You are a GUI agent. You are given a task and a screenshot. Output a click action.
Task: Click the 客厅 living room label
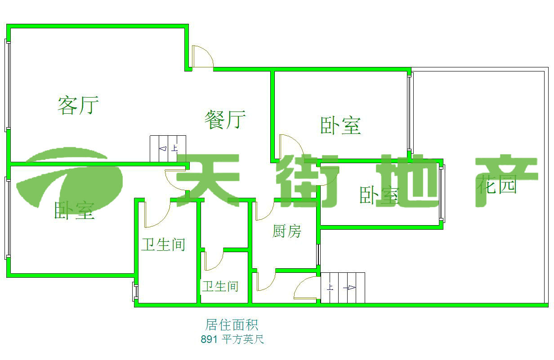click(78, 105)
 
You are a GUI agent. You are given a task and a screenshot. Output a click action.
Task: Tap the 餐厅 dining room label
click(225, 120)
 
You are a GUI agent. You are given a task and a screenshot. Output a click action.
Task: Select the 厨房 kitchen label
click(286, 231)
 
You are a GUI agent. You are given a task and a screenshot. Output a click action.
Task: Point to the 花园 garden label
click(497, 185)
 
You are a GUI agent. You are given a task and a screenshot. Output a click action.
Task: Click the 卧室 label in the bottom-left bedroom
click(74, 210)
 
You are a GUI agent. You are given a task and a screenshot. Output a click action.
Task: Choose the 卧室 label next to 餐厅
click(340, 125)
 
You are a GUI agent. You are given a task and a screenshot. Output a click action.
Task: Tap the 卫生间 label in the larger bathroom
click(163, 245)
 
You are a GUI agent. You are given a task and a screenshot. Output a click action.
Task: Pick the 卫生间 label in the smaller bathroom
click(220, 286)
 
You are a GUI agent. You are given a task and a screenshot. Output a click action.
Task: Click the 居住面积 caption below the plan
click(232, 324)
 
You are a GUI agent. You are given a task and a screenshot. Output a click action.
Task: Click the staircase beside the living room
click(168, 149)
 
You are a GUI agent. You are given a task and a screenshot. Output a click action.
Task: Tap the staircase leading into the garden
click(342, 288)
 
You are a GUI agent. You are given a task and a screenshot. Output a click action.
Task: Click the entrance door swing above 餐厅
click(202, 57)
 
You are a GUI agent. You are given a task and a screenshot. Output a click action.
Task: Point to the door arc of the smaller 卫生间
click(213, 261)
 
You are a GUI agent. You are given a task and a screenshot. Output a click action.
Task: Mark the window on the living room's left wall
click(7, 85)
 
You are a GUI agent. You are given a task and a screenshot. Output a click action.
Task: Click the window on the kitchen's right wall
click(318, 254)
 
